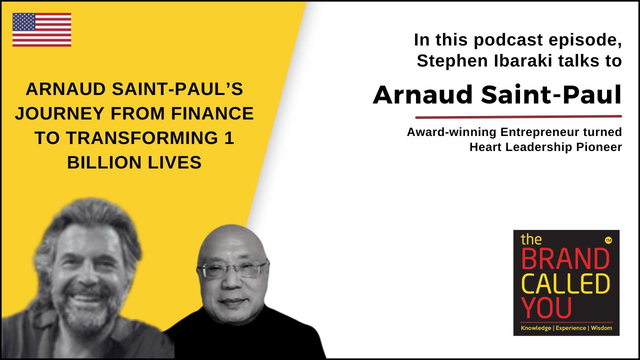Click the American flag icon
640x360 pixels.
(x=41, y=29)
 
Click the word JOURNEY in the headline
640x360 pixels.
(x=59, y=113)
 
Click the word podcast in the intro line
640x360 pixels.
(x=509, y=40)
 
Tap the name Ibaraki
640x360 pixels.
(x=523, y=61)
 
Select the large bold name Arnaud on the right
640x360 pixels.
(x=423, y=95)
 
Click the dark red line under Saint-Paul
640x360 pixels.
(x=518, y=117)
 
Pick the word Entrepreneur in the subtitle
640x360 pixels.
(x=544, y=132)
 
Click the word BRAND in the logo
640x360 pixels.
(x=565, y=259)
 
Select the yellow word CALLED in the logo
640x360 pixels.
(x=565, y=283)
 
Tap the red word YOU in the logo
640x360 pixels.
(x=546, y=308)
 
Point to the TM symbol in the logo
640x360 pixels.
(x=608, y=241)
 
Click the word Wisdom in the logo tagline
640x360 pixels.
(x=601, y=328)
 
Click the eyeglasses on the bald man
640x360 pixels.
(x=233, y=269)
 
